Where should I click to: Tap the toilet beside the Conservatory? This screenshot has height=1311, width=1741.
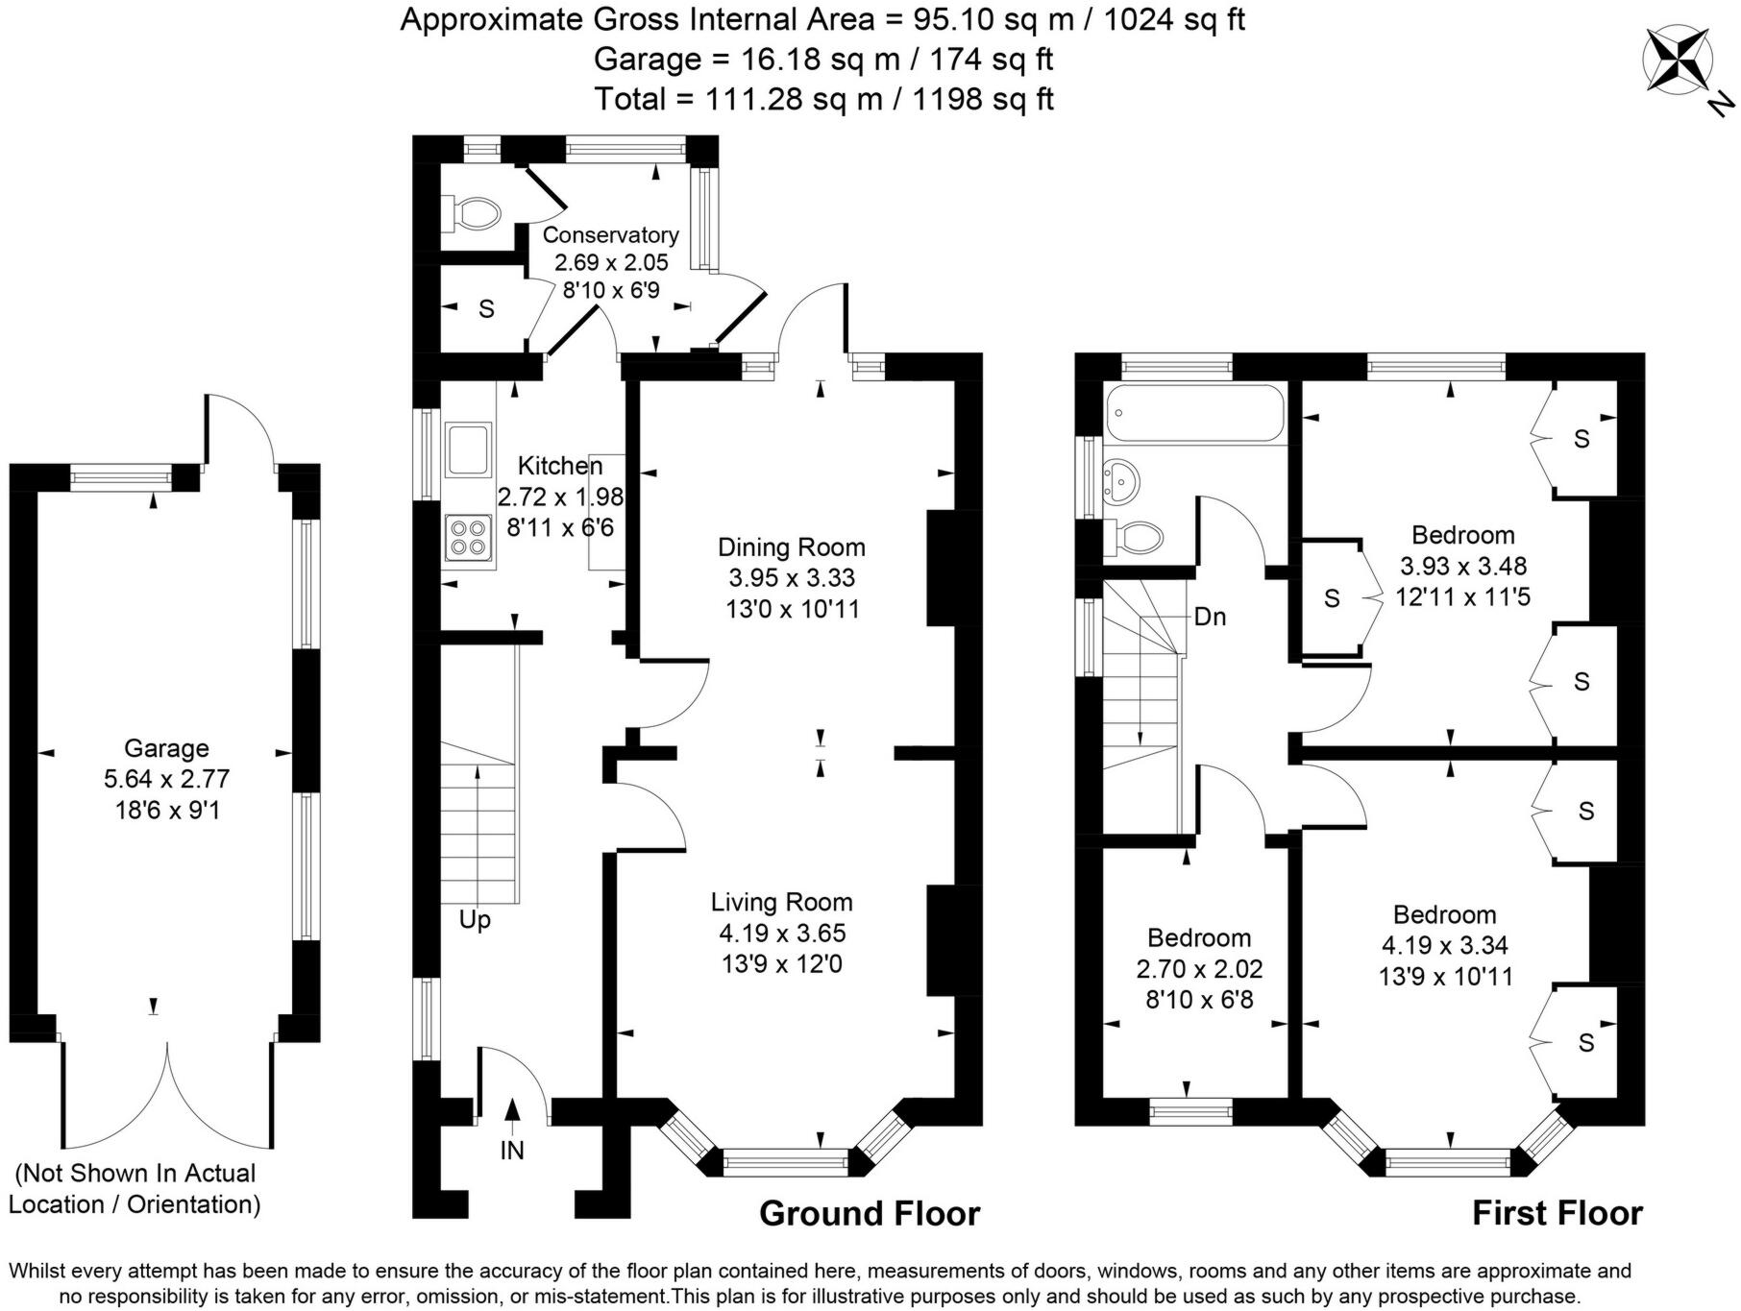pyautogui.click(x=471, y=212)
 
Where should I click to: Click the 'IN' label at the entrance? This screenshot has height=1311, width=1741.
pyautogui.click(x=512, y=1150)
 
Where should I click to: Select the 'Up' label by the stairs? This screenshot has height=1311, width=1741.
pyautogui.click(x=475, y=920)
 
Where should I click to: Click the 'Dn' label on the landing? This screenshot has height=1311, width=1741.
pyautogui.click(x=1210, y=617)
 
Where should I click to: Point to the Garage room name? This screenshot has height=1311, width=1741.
pyautogui.click(x=166, y=748)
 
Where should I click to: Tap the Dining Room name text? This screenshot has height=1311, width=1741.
pyautogui.click(x=792, y=547)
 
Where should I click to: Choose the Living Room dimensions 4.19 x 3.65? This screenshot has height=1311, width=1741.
pyautogui.click(x=782, y=933)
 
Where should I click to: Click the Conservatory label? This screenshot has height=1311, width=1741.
pyautogui.click(x=610, y=235)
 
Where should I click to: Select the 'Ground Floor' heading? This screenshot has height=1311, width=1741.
pyautogui.click(x=870, y=1214)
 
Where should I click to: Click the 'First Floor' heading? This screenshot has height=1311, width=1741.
pyautogui.click(x=1557, y=1214)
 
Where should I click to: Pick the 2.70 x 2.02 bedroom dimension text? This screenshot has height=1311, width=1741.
pyautogui.click(x=1199, y=969)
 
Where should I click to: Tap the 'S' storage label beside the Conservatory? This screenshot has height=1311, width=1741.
pyautogui.click(x=486, y=309)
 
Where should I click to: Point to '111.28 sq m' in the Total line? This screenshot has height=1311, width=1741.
pyautogui.click(x=795, y=99)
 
